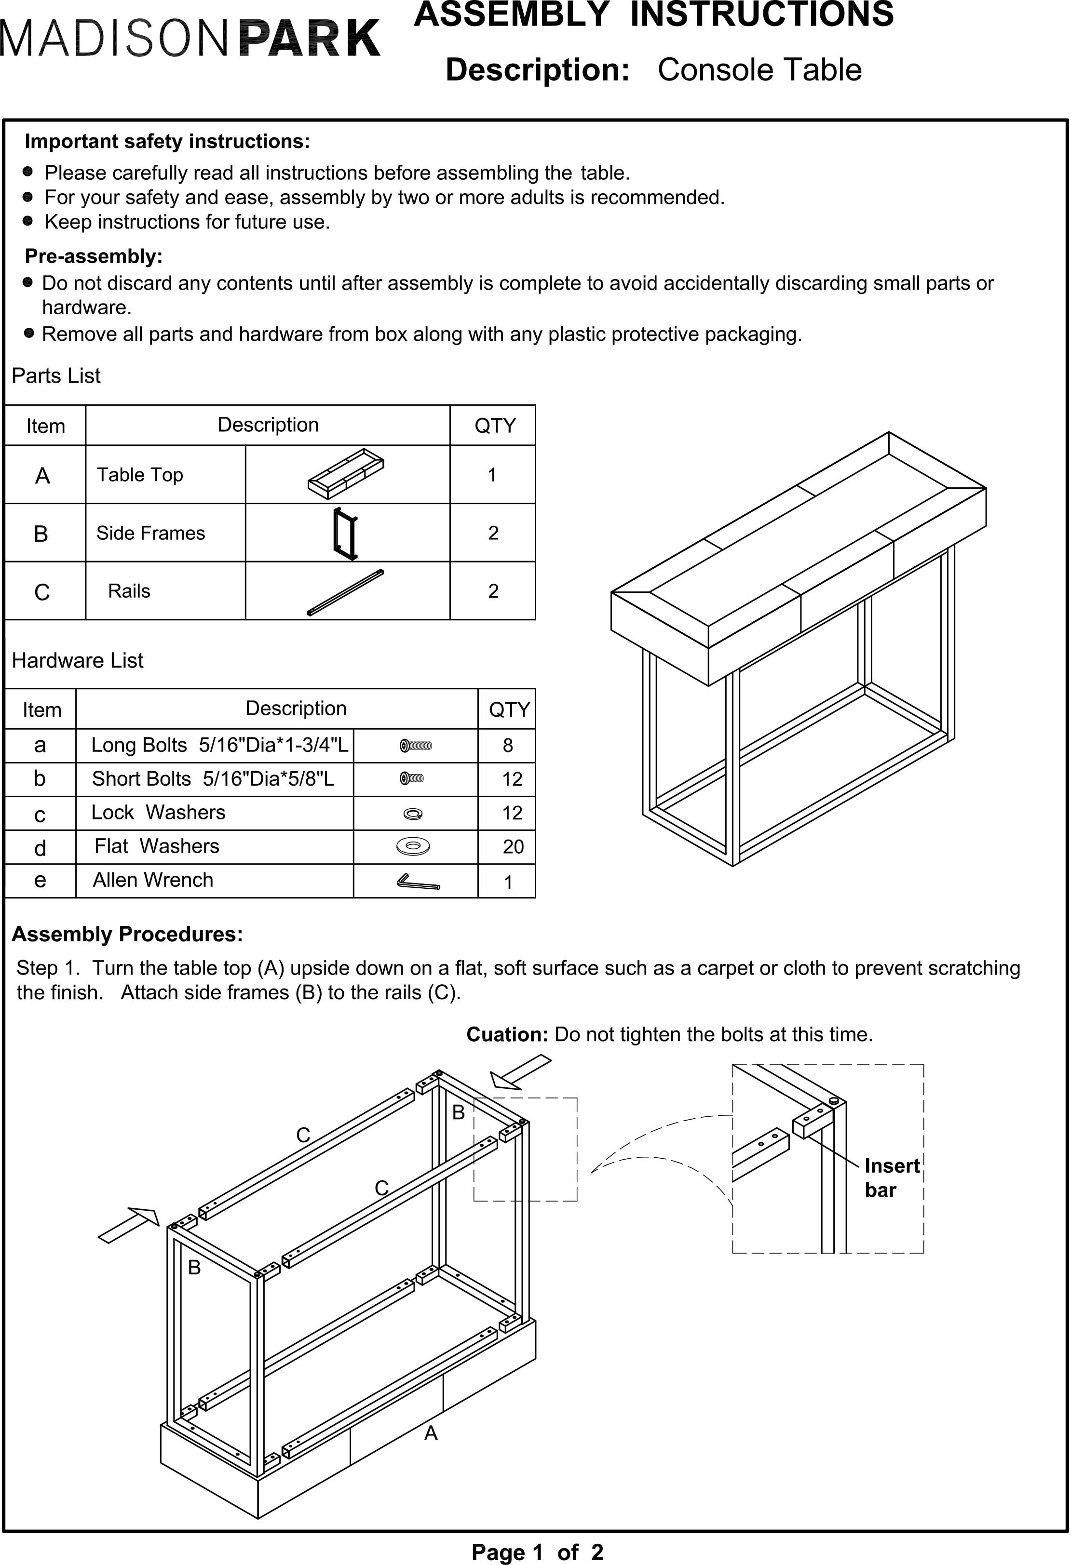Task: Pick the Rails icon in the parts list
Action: click(x=346, y=592)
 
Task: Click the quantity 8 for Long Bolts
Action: click(x=507, y=746)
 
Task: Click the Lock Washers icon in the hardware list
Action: click(x=413, y=814)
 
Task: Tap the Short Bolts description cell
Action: click(x=213, y=779)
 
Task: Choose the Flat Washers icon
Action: click(x=413, y=846)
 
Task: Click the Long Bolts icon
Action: click(x=416, y=746)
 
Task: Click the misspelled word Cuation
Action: click(x=506, y=1034)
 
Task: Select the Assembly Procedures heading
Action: click(x=127, y=934)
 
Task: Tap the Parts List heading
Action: click(x=56, y=376)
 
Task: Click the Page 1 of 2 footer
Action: click(x=537, y=1552)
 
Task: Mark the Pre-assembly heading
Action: click(x=94, y=256)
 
